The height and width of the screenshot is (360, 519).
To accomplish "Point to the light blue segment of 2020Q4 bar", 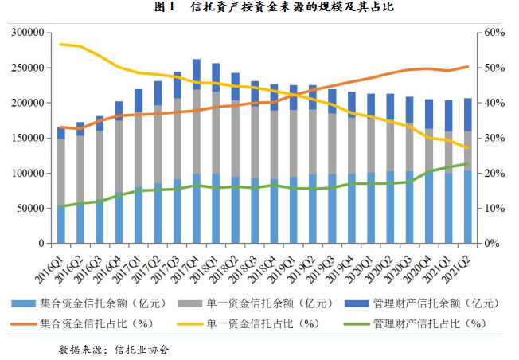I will pyautogui.click(x=430, y=207).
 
